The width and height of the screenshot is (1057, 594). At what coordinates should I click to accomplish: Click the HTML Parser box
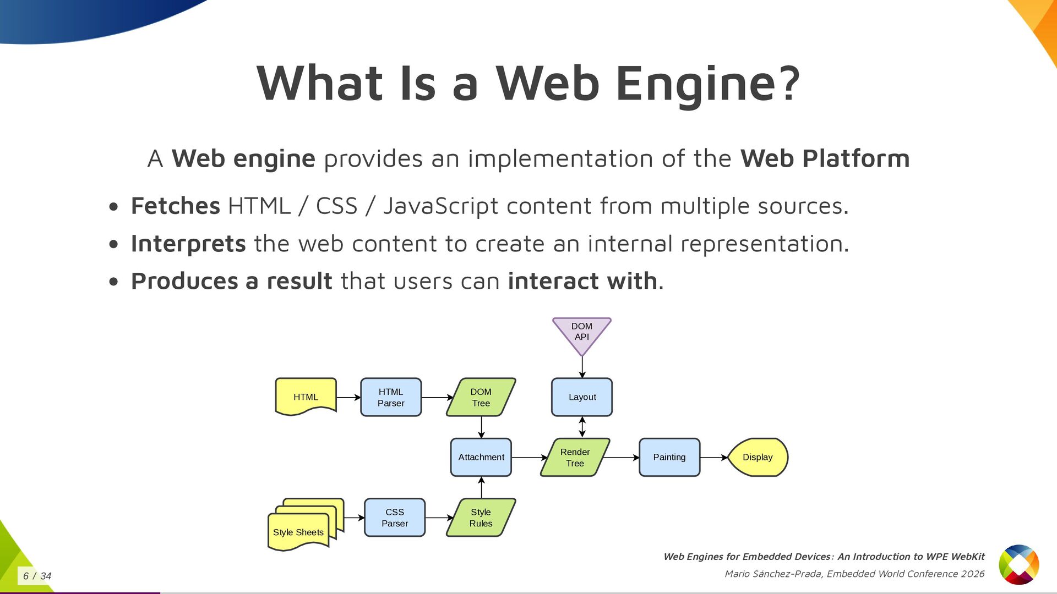click(391, 397)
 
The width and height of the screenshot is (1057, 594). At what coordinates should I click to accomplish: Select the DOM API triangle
click(582, 332)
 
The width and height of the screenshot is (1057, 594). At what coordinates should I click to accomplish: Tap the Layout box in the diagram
click(582, 397)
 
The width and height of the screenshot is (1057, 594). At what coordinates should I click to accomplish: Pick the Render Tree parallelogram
click(575, 457)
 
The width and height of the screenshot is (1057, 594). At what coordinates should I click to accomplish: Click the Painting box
click(669, 457)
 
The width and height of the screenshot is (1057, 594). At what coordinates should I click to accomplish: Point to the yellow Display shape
click(758, 457)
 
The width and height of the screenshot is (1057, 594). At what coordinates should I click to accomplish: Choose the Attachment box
click(481, 457)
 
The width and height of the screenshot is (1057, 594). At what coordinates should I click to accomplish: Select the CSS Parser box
click(395, 518)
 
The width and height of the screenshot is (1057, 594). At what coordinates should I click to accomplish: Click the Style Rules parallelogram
click(481, 518)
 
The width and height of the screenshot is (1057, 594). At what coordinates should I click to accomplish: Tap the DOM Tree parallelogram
click(481, 397)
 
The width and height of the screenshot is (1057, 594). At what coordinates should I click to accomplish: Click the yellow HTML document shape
click(306, 397)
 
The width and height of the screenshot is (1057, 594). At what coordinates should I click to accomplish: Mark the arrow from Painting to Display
click(714, 458)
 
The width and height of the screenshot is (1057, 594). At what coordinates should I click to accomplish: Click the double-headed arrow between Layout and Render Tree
click(582, 427)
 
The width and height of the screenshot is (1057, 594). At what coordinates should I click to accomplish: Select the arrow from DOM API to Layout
click(582, 367)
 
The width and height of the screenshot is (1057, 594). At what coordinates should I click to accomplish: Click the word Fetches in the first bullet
click(176, 206)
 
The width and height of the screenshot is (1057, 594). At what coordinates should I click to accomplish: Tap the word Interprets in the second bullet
click(188, 244)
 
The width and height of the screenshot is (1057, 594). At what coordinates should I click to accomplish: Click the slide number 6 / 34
click(37, 576)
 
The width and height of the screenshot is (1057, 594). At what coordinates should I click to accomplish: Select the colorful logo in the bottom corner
click(1019, 564)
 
